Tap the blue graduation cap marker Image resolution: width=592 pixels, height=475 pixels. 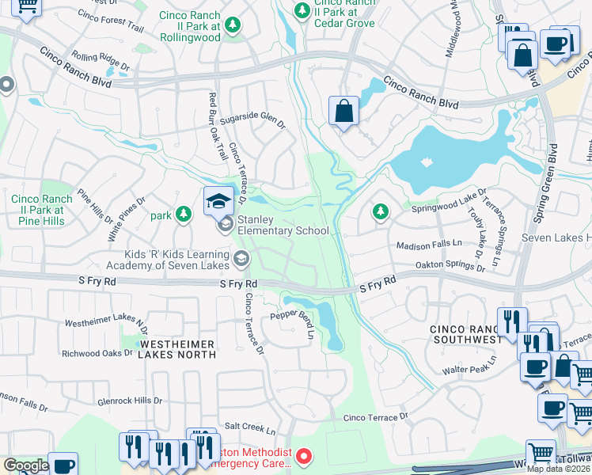(x=218, y=201)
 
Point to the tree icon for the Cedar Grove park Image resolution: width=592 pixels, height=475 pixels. (x=302, y=11)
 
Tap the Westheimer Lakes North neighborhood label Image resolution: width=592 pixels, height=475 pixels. (x=177, y=349)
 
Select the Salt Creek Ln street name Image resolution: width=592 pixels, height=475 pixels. (x=249, y=431)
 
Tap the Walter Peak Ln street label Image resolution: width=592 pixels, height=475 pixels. (x=469, y=365)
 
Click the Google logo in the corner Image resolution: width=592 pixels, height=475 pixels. (x=26, y=465)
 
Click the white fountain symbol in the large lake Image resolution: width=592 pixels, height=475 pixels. (x=427, y=161)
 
